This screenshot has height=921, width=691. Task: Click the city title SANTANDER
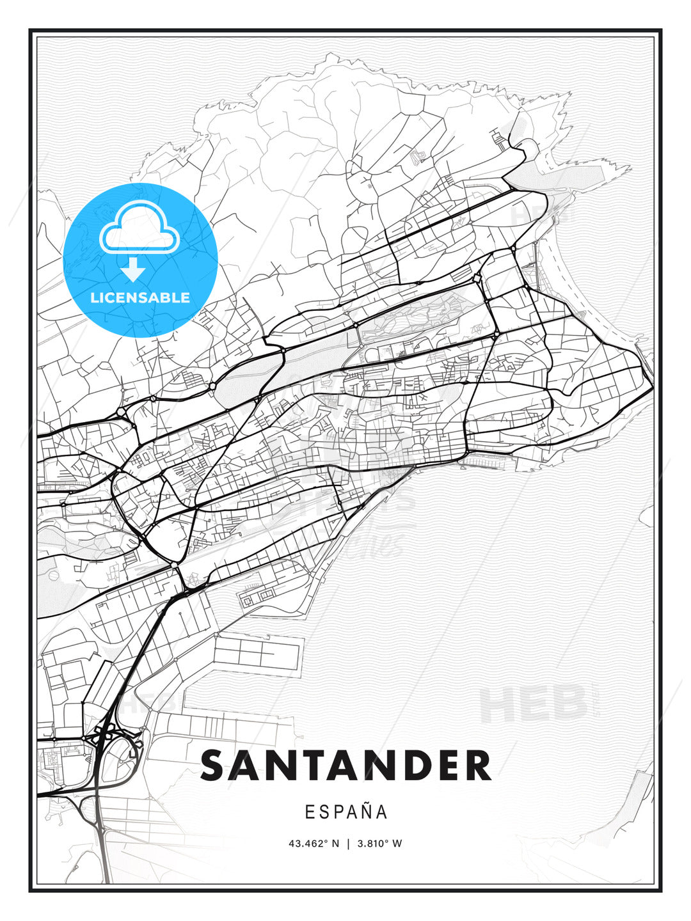click(x=345, y=766)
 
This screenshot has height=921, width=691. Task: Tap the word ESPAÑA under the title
click(x=346, y=812)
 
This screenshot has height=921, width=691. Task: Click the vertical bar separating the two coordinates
click(x=348, y=844)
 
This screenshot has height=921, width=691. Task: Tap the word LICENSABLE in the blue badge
click(x=140, y=298)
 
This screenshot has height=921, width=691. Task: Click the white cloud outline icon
click(x=139, y=228)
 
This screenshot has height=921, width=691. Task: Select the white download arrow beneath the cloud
click(x=134, y=269)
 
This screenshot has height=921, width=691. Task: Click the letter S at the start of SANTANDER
click(x=215, y=766)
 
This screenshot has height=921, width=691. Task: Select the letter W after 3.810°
click(x=397, y=844)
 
